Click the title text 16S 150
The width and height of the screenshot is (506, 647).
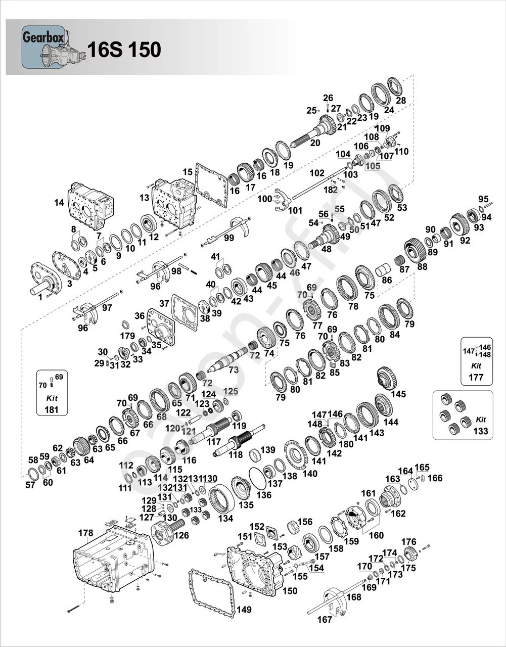tap(124, 50)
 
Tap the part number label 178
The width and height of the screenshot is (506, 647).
tap(86, 533)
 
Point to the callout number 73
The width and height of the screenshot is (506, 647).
tap(234, 370)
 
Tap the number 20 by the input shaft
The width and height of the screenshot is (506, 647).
tap(315, 143)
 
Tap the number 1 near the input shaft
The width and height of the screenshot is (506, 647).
tap(40, 297)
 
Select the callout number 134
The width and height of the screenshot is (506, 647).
tap(225, 518)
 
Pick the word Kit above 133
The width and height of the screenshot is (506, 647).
tap(481, 420)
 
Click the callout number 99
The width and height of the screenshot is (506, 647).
tap(228, 238)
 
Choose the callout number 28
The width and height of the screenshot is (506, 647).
tap(401, 101)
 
